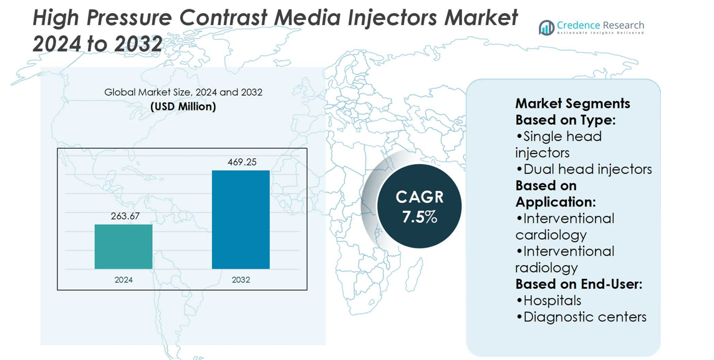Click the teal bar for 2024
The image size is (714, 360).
123,246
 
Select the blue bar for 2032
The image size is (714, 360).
241,220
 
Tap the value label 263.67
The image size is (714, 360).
125,216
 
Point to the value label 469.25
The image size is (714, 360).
242,162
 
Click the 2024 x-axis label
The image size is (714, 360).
123,280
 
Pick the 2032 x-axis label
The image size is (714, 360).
241,280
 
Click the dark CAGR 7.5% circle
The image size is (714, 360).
420,207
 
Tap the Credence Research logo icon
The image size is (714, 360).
547,27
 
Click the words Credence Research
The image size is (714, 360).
601,26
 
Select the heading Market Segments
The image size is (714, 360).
572,104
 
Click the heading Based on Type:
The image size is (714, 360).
565,120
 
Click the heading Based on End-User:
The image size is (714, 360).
578,284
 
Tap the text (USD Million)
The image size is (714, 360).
183,107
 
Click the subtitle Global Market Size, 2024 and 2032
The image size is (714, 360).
183,92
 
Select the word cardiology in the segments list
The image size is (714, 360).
551,235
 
